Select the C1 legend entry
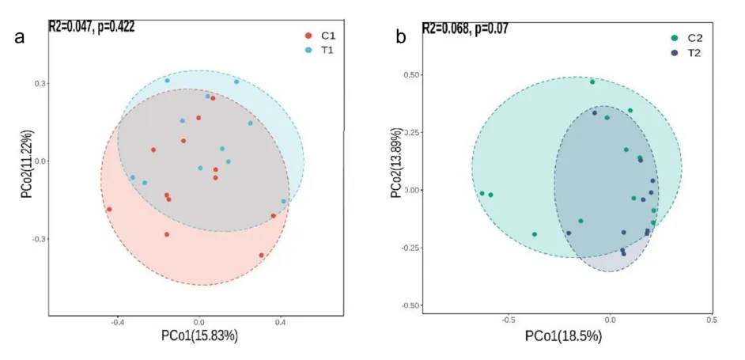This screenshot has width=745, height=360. (x=323, y=36)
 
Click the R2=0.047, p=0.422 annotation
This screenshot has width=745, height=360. (x=91, y=27)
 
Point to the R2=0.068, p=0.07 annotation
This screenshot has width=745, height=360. (x=464, y=28)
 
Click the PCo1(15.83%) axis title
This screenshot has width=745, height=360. (x=199, y=335)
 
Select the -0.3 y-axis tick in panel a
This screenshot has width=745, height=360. (x=38, y=239)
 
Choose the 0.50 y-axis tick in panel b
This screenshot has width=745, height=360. (x=412, y=75)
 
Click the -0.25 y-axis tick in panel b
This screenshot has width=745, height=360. (x=410, y=248)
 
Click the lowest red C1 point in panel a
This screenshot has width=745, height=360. (x=261, y=256)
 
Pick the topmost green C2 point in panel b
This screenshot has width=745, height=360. (x=592, y=81)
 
